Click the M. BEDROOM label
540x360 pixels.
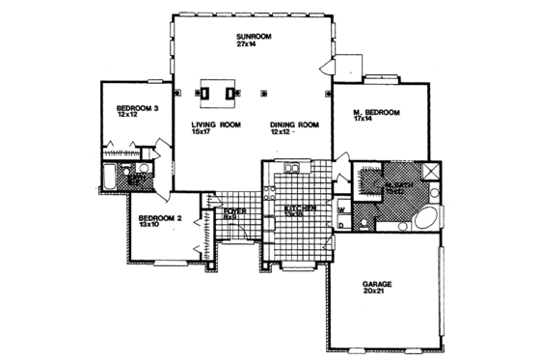376,113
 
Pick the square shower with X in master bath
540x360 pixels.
432,174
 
